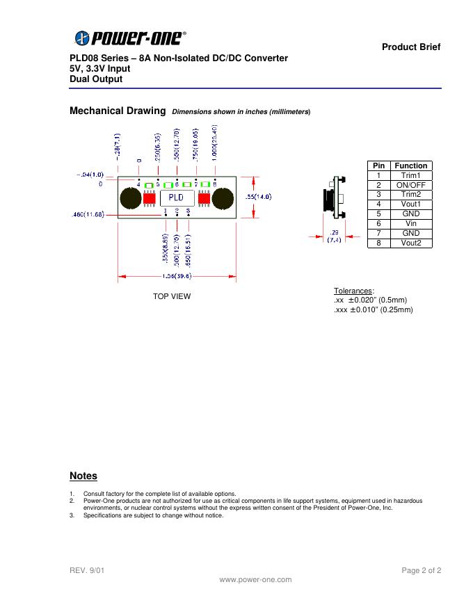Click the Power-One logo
[x=130, y=38]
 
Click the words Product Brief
[x=411, y=47]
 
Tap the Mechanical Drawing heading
[x=118, y=111]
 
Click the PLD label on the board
[x=177, y=198]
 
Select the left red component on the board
[x=150, y=199]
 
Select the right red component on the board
[x=204, y=199]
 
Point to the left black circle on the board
[x=130, y=199]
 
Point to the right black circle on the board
[x=223, y=199]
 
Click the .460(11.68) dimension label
[x=88, y=214]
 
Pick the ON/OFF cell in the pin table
[x=411, y=185]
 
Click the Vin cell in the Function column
[x=411, y=224]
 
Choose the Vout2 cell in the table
[x=411, y=243]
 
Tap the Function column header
[x=411, y=166]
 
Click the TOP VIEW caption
[x=172, y=296]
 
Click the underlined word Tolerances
[x=353, y=291]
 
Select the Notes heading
[x=83, y=476]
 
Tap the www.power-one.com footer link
[x=255, y=579]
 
